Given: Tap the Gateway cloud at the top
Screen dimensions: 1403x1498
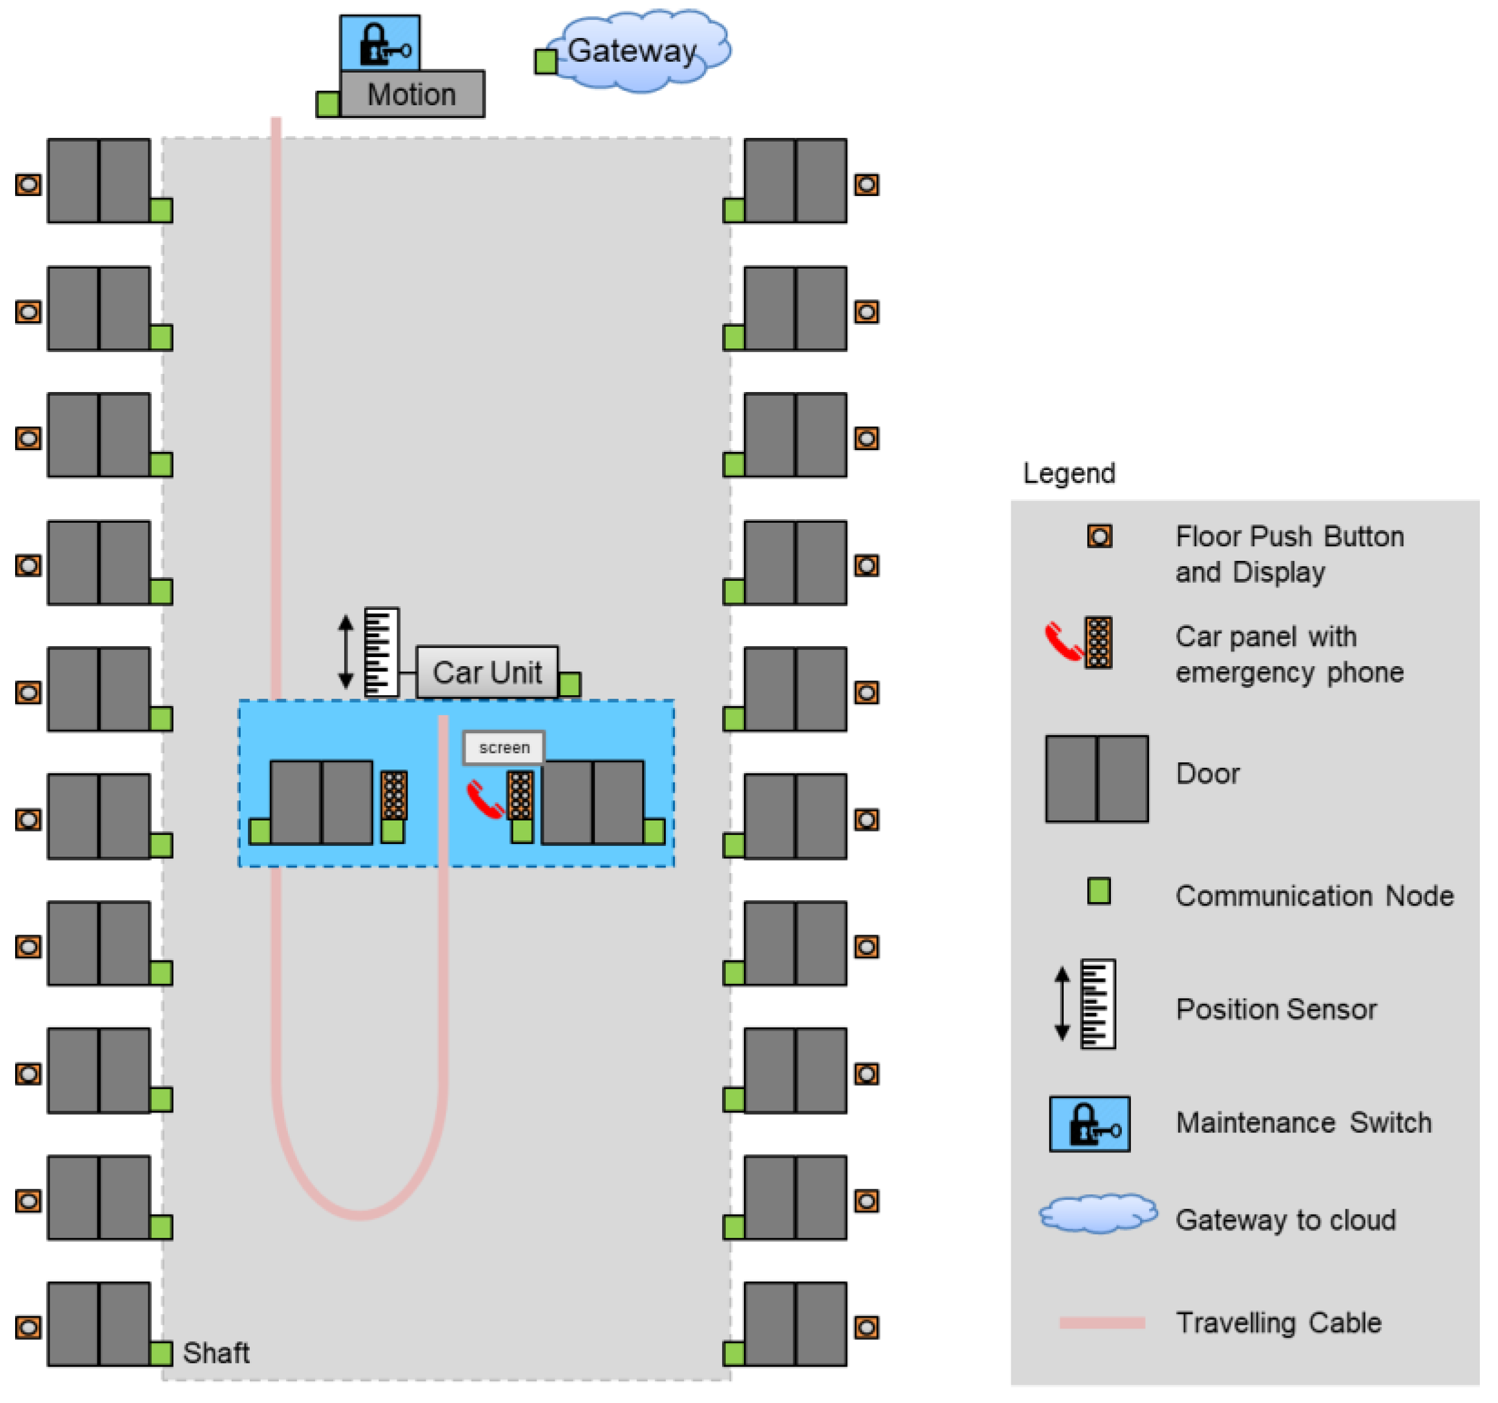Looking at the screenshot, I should click(x=637, y=51).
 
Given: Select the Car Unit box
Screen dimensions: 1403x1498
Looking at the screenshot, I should click(x=487, y=672).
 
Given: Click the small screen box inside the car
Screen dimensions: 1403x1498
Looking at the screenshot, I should click(x=503, y=747).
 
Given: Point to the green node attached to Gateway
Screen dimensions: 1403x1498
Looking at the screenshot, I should click(x=545, y=61).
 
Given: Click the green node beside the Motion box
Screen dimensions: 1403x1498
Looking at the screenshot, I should click(x=328, y=104).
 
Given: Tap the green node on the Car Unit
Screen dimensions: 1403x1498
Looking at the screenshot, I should click(x=570, y=684).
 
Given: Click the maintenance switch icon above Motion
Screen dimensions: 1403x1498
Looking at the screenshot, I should click(x=380, y=43).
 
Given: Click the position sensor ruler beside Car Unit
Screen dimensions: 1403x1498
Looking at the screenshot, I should click(x=380, y=652).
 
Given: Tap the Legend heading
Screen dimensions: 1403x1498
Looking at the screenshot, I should click(x=1069, y=474).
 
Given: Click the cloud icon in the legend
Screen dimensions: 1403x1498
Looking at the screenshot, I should click(x=1098, y=1213).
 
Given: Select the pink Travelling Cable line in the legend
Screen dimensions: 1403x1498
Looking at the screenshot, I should click(x=1102, y=1323).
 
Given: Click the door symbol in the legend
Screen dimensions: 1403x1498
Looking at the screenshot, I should click(x=1096, y=779).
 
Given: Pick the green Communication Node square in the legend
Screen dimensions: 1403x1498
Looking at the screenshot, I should click(x=1099, y=891).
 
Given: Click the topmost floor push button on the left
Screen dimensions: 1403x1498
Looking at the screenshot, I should click(x=28, y=184).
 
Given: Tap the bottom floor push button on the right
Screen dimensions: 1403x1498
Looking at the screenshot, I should click(x=867, y=1327).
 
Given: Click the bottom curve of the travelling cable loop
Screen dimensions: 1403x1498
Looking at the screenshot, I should click(x=360, y=1213).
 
